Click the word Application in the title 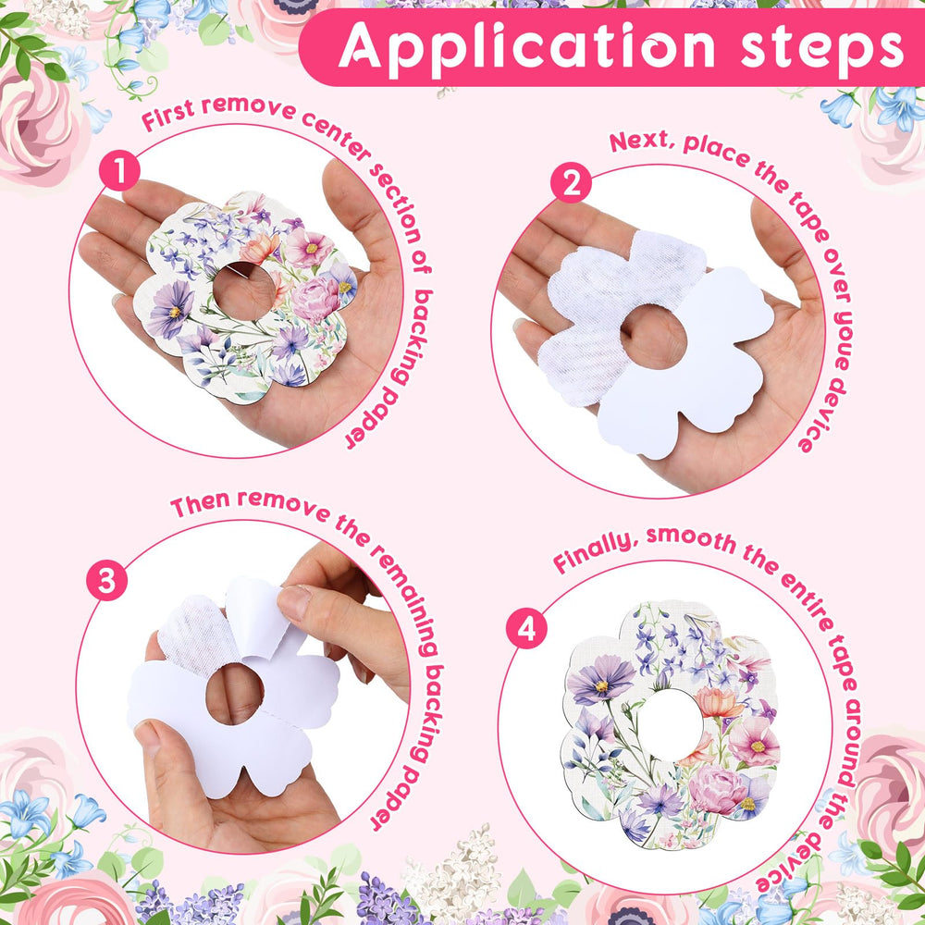pyautogui.click(x=526, y=46)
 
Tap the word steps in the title pyautogui.click(x=821, y=46)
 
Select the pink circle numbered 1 pyautogui.click(x=119, y=170)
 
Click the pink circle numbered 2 pyautogui.click(x=571, y=182)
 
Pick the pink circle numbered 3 pyautogui.click(x=106, y=580)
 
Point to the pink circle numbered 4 pyautogui.click(x=526, y=628)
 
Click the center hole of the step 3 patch pyautogui.click(x=235, y=694)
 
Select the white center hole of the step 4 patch pyautogui.click(x=670, y=724)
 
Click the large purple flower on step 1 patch pyautogui.click(x=170, y=309)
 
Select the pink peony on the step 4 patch pyautogui.click(x=718, y=789)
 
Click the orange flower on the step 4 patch pyautogui.click(x=718, y=703)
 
